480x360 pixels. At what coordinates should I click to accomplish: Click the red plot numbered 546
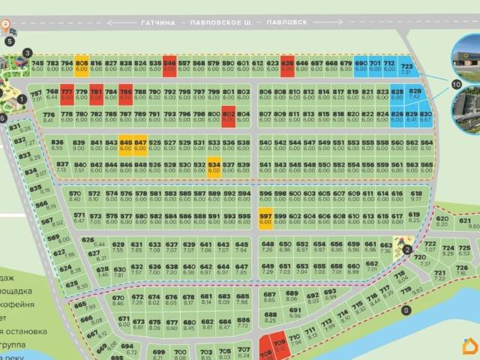click(x=169, y=67)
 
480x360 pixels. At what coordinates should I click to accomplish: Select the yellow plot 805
click(x=82, y=67)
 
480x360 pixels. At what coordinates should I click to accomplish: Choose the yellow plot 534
click(x=214, y=167)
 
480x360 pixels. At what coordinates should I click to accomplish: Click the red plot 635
click(x=286, y=67)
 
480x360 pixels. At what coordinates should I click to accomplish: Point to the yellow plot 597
click(x=265, y=218)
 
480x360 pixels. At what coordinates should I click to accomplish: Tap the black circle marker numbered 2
click(x=406, y=250)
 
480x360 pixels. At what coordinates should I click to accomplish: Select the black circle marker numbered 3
click(x=27, y=53)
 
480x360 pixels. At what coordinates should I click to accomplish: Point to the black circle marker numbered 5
click(x=10, y=42)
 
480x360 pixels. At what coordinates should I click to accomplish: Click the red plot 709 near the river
click(x=280, y=346)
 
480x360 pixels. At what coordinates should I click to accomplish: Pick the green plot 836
click(x=58, y=145)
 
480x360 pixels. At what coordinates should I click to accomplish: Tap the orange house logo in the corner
click(x=469, y=347)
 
